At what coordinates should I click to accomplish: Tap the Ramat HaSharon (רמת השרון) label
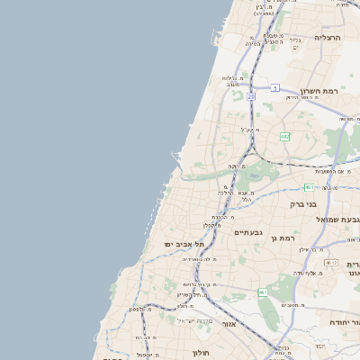pos(319,91)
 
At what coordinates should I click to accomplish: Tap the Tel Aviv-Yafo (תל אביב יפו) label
pos(184,244)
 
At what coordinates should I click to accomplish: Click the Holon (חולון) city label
pos(202,352)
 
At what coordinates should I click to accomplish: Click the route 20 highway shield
pos(251,95)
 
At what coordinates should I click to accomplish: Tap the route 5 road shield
pos(275,87)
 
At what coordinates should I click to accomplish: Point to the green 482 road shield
pos(285,137)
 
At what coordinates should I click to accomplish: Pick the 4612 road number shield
pos(331,263)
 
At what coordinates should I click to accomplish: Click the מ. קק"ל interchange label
pos(250,130)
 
